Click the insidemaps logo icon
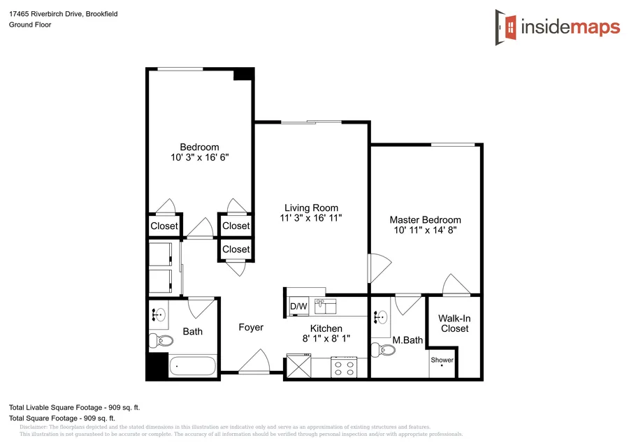coord(507,27)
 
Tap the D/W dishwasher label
coord(298,307)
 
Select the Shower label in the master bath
coord(442,360)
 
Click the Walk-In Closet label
coord(454,323)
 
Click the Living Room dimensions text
coord(311,218)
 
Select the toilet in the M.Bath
coord(377,348)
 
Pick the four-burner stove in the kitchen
coord(345,367)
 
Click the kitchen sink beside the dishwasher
coord(325,306)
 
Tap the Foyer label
coord(251,328)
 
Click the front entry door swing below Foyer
coord(254,363)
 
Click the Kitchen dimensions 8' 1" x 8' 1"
coord(326,338)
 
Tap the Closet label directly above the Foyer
coord(236,249)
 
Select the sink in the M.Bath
coord(381,318)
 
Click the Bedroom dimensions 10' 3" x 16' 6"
coord(199,157)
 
